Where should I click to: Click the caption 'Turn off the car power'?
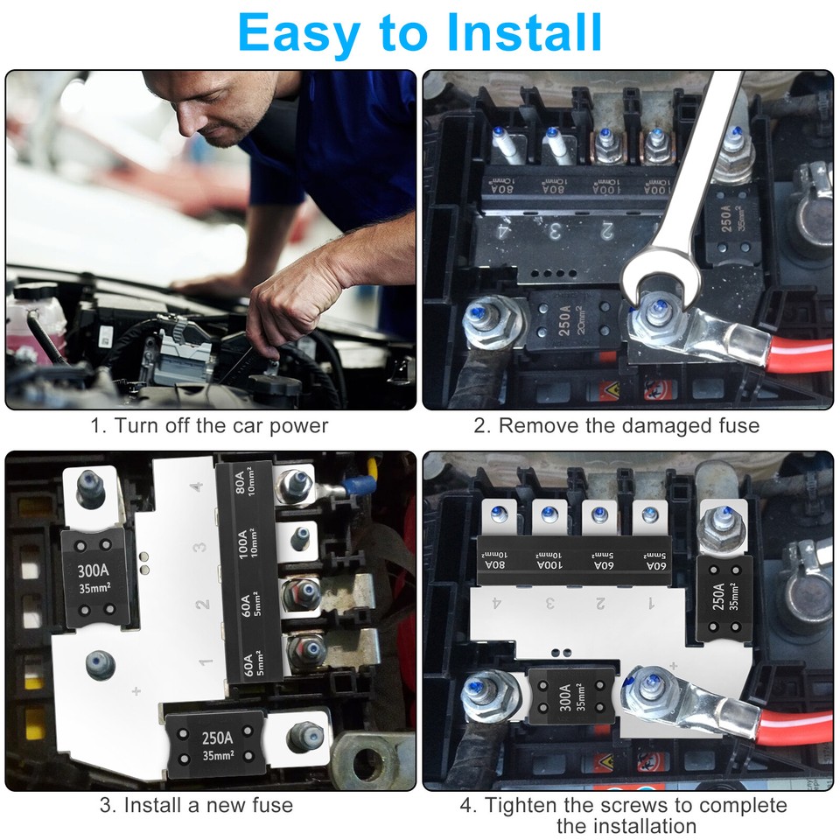pos(210,426)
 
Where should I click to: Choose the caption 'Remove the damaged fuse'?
pos(617,426)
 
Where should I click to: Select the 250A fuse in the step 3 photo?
pos(215,745)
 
